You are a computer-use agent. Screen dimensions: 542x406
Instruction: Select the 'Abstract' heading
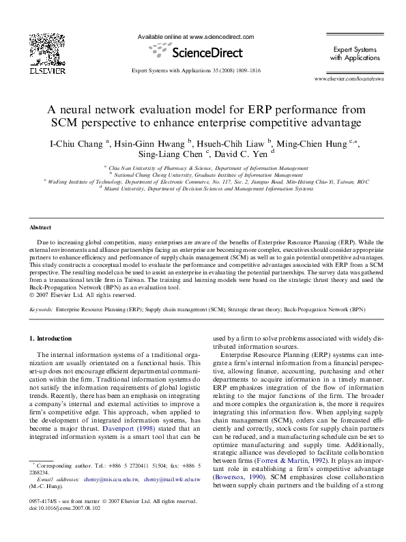coord(41,227)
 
